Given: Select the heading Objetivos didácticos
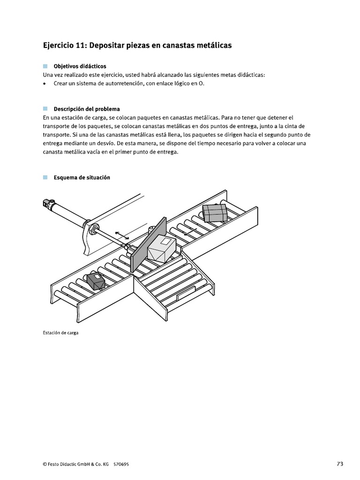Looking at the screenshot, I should point(80,67).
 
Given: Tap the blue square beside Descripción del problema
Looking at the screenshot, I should point(45,109).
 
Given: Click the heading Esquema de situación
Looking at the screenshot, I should point(82,178).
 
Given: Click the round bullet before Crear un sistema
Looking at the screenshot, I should point(45,83).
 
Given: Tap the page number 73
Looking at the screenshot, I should point(340,464).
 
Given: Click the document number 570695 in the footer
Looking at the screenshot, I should point(121,464).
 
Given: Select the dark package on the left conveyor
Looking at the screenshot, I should point(97,281).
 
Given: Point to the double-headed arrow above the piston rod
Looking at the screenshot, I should point(122,235).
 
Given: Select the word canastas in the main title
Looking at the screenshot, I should point(177,45).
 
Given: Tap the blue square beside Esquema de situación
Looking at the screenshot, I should point(45,178).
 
